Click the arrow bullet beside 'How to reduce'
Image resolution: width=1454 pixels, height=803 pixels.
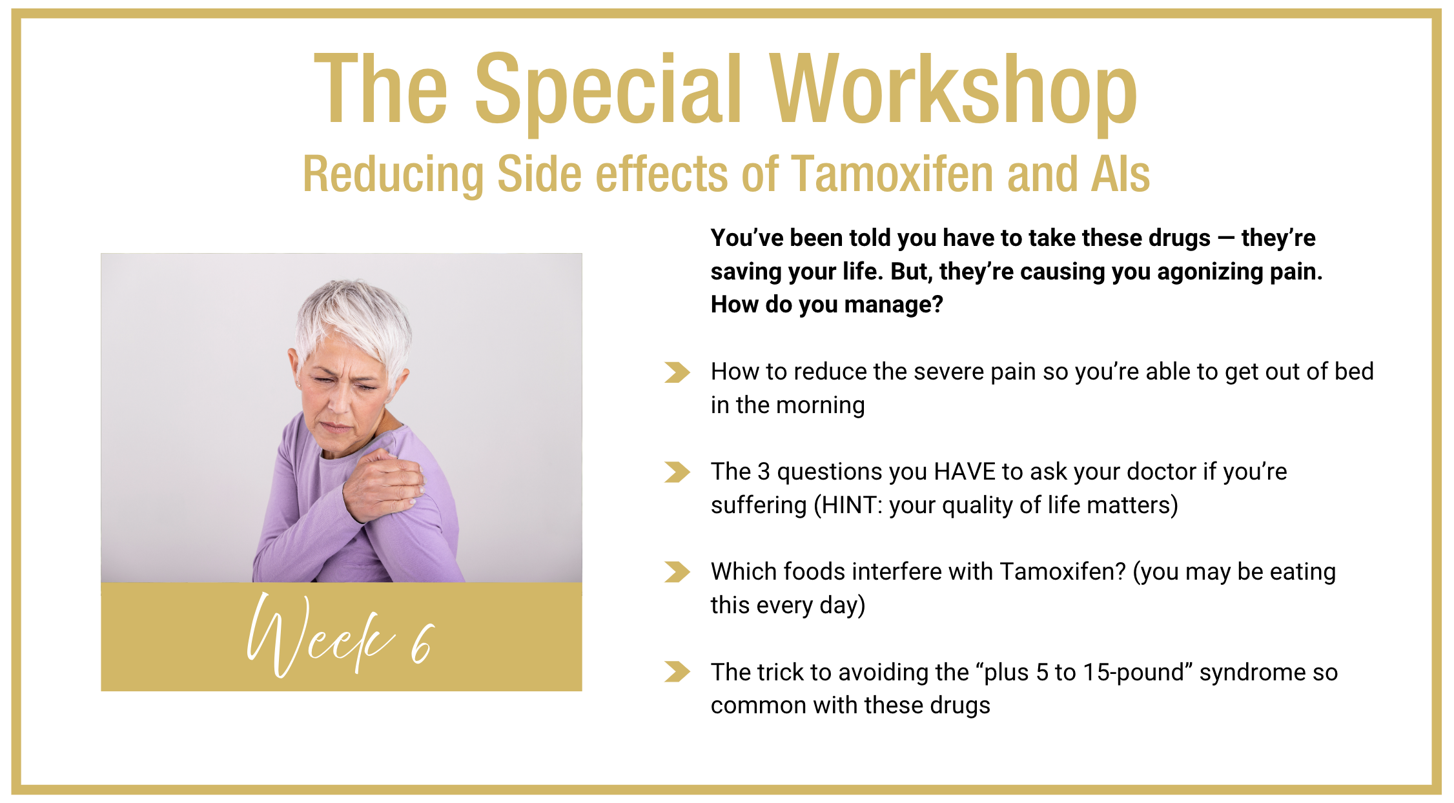click(677, 372)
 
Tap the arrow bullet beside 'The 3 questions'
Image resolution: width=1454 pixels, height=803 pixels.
click(677, 473)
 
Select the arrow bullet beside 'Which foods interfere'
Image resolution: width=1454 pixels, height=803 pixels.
click(677, 572)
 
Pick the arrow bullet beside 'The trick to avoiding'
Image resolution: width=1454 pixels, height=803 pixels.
click(677, 672)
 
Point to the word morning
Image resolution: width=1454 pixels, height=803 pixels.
click(821, 406)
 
